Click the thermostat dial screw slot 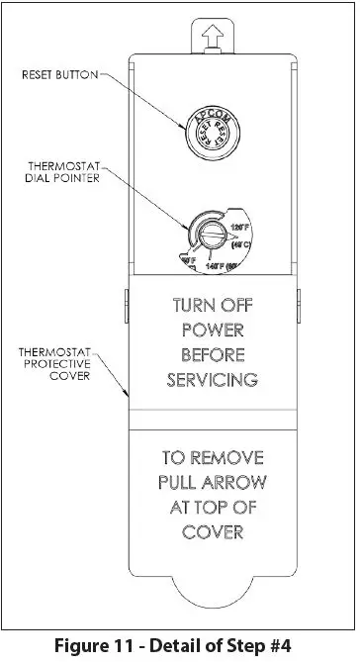point(209,236)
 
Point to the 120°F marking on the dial point(238,227)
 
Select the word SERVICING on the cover point(212,378)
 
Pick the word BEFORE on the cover point(212,353)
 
